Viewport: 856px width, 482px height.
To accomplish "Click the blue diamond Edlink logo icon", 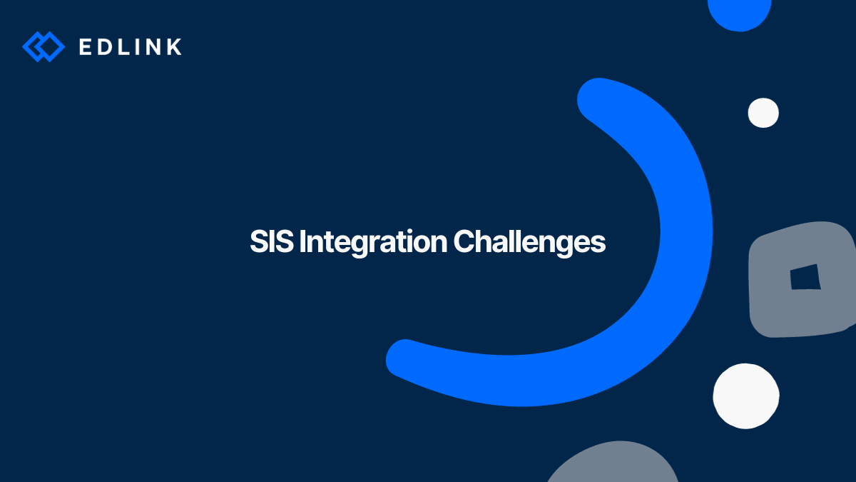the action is [x=44, y=46].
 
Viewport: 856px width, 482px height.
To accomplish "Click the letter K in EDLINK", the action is [x=174, y=46].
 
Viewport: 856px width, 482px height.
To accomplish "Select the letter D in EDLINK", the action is [x=104, y=46].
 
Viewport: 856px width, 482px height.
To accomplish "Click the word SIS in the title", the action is [x=272, y=241].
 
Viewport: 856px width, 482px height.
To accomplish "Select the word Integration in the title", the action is [x=373, y=243].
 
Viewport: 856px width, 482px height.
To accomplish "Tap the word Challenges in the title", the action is [x=529, y=243].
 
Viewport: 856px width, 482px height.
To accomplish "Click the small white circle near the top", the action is [x=763, y=113].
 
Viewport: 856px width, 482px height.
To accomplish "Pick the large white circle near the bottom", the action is [x=746, y=396].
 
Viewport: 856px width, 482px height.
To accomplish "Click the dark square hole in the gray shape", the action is [x=805, y=277].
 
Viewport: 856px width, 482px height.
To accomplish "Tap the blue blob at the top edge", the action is [x=740, y=14].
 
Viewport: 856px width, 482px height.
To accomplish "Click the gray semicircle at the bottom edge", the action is [x=613, y=463].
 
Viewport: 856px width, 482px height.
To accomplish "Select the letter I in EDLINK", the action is [x=138, y=46].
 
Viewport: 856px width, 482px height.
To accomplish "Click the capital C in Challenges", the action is [x=464, y=241].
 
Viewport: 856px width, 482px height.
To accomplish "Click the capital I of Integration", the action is [x=302, y=241].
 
